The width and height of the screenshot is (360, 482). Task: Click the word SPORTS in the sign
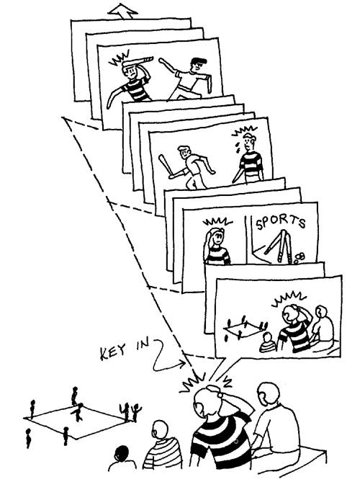click(x=281, y=222)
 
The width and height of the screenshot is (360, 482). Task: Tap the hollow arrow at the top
click(x=122, y=12)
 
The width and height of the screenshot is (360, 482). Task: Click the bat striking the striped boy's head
click(x=138, y=61)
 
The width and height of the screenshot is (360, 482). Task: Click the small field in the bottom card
click(x=246, y=330)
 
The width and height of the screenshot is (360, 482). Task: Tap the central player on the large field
click(x=78, y=412)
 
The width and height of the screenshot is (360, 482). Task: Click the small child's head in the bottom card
click(x=268, y=337)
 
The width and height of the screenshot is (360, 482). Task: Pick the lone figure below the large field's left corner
click(x=28, y=438)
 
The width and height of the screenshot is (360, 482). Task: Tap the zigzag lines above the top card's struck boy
click(x=120, y=58)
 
